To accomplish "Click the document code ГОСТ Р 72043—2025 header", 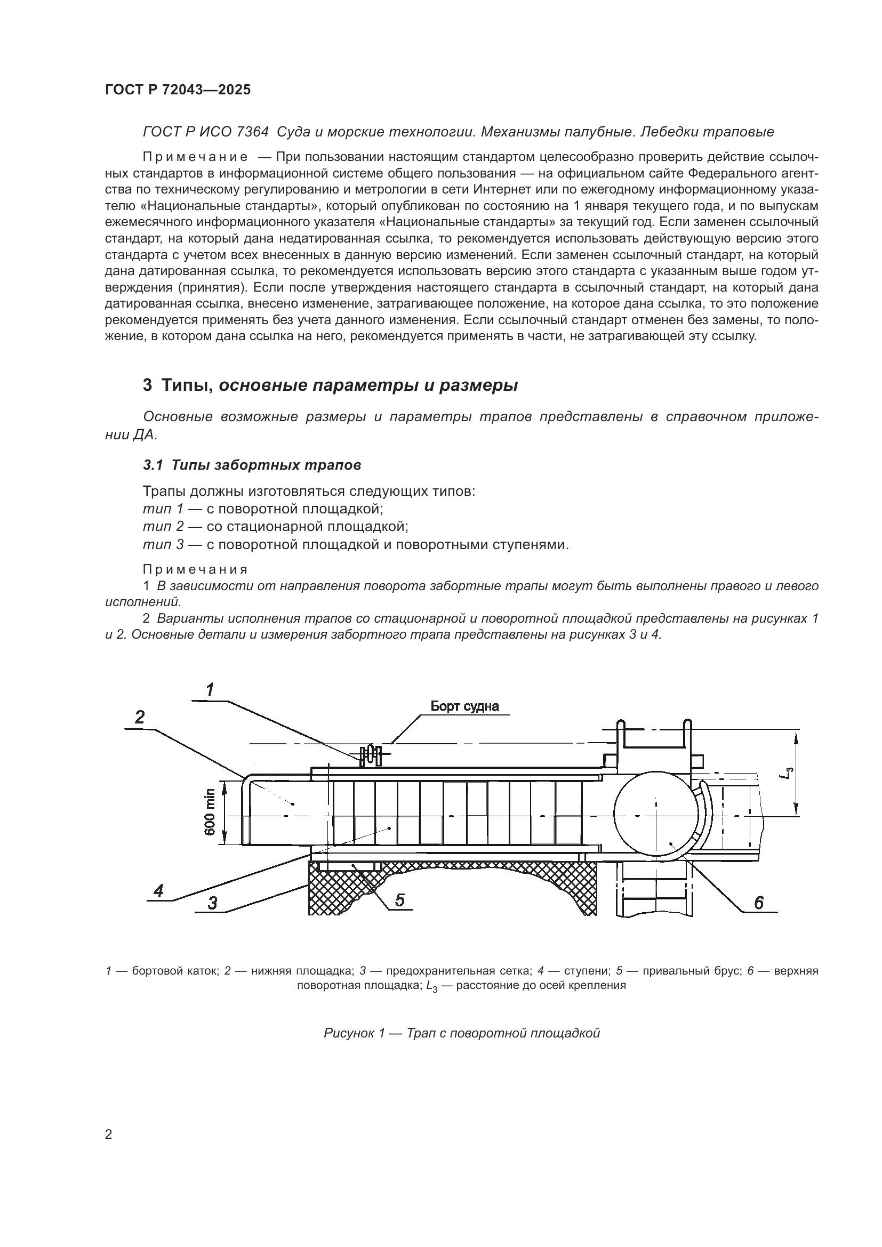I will (178, 90).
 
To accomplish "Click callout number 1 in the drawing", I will (210, 690).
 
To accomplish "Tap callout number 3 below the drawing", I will (212, 903).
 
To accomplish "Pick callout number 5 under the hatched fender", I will (399, 900).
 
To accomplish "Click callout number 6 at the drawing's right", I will (759, 903).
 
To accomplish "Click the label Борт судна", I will (464, 706).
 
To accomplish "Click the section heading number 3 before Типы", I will (147, 385).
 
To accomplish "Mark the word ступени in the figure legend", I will (581, 970).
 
